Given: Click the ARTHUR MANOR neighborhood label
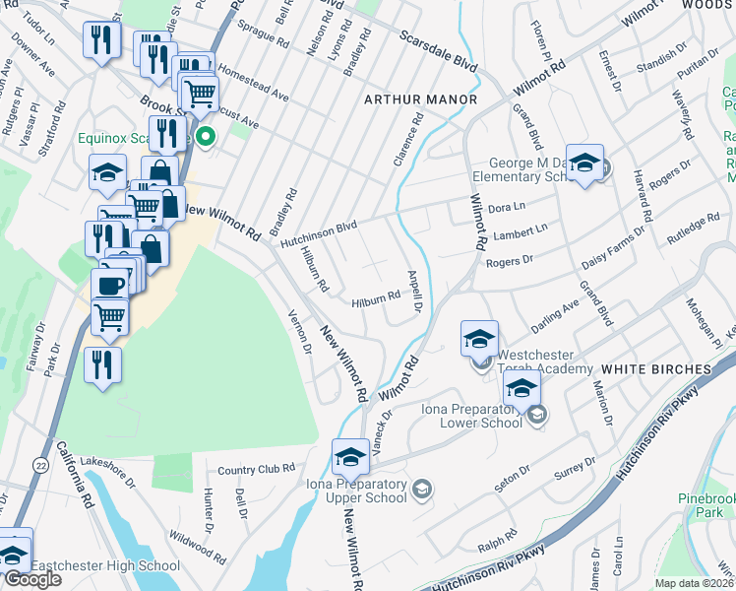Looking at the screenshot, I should (420, 100).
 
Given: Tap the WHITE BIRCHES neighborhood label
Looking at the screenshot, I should (655, 368).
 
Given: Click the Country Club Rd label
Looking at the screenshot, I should (257, 470).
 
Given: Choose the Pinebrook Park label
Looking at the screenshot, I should (706, 506).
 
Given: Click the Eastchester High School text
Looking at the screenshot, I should (105, 565).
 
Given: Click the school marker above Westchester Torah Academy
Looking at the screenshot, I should (479, 339).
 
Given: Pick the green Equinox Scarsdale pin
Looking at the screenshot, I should (206, 136).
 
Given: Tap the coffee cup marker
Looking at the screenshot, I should (109, 285).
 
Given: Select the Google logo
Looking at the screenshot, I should (32, 579).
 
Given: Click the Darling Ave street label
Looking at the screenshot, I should (556, 314).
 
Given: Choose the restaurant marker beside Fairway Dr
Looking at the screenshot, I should (102, 363).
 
